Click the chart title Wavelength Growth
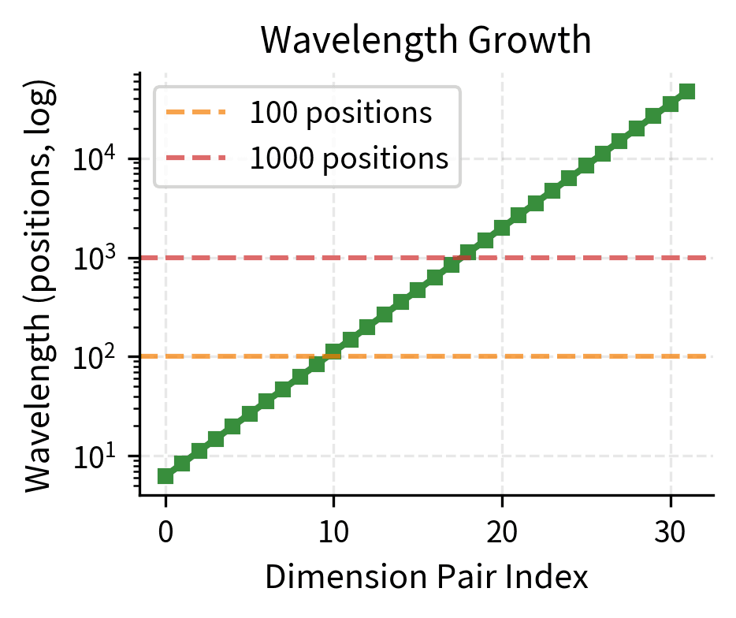click(x=426, y=41)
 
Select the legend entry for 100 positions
click(x=340, y=114)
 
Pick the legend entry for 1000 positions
click(x=349, y=159)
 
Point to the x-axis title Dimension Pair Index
click(x=426, y=577)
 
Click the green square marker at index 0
click(x=165, y=475)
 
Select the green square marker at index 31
click(x=687, y=91)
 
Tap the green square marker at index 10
click(x=333, y=352)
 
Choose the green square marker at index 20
click(x=502, y=228)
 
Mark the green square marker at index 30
click(x=670, y=104)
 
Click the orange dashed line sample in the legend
click(x=195, y=114)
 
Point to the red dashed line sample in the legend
click(x=195, y=159)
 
